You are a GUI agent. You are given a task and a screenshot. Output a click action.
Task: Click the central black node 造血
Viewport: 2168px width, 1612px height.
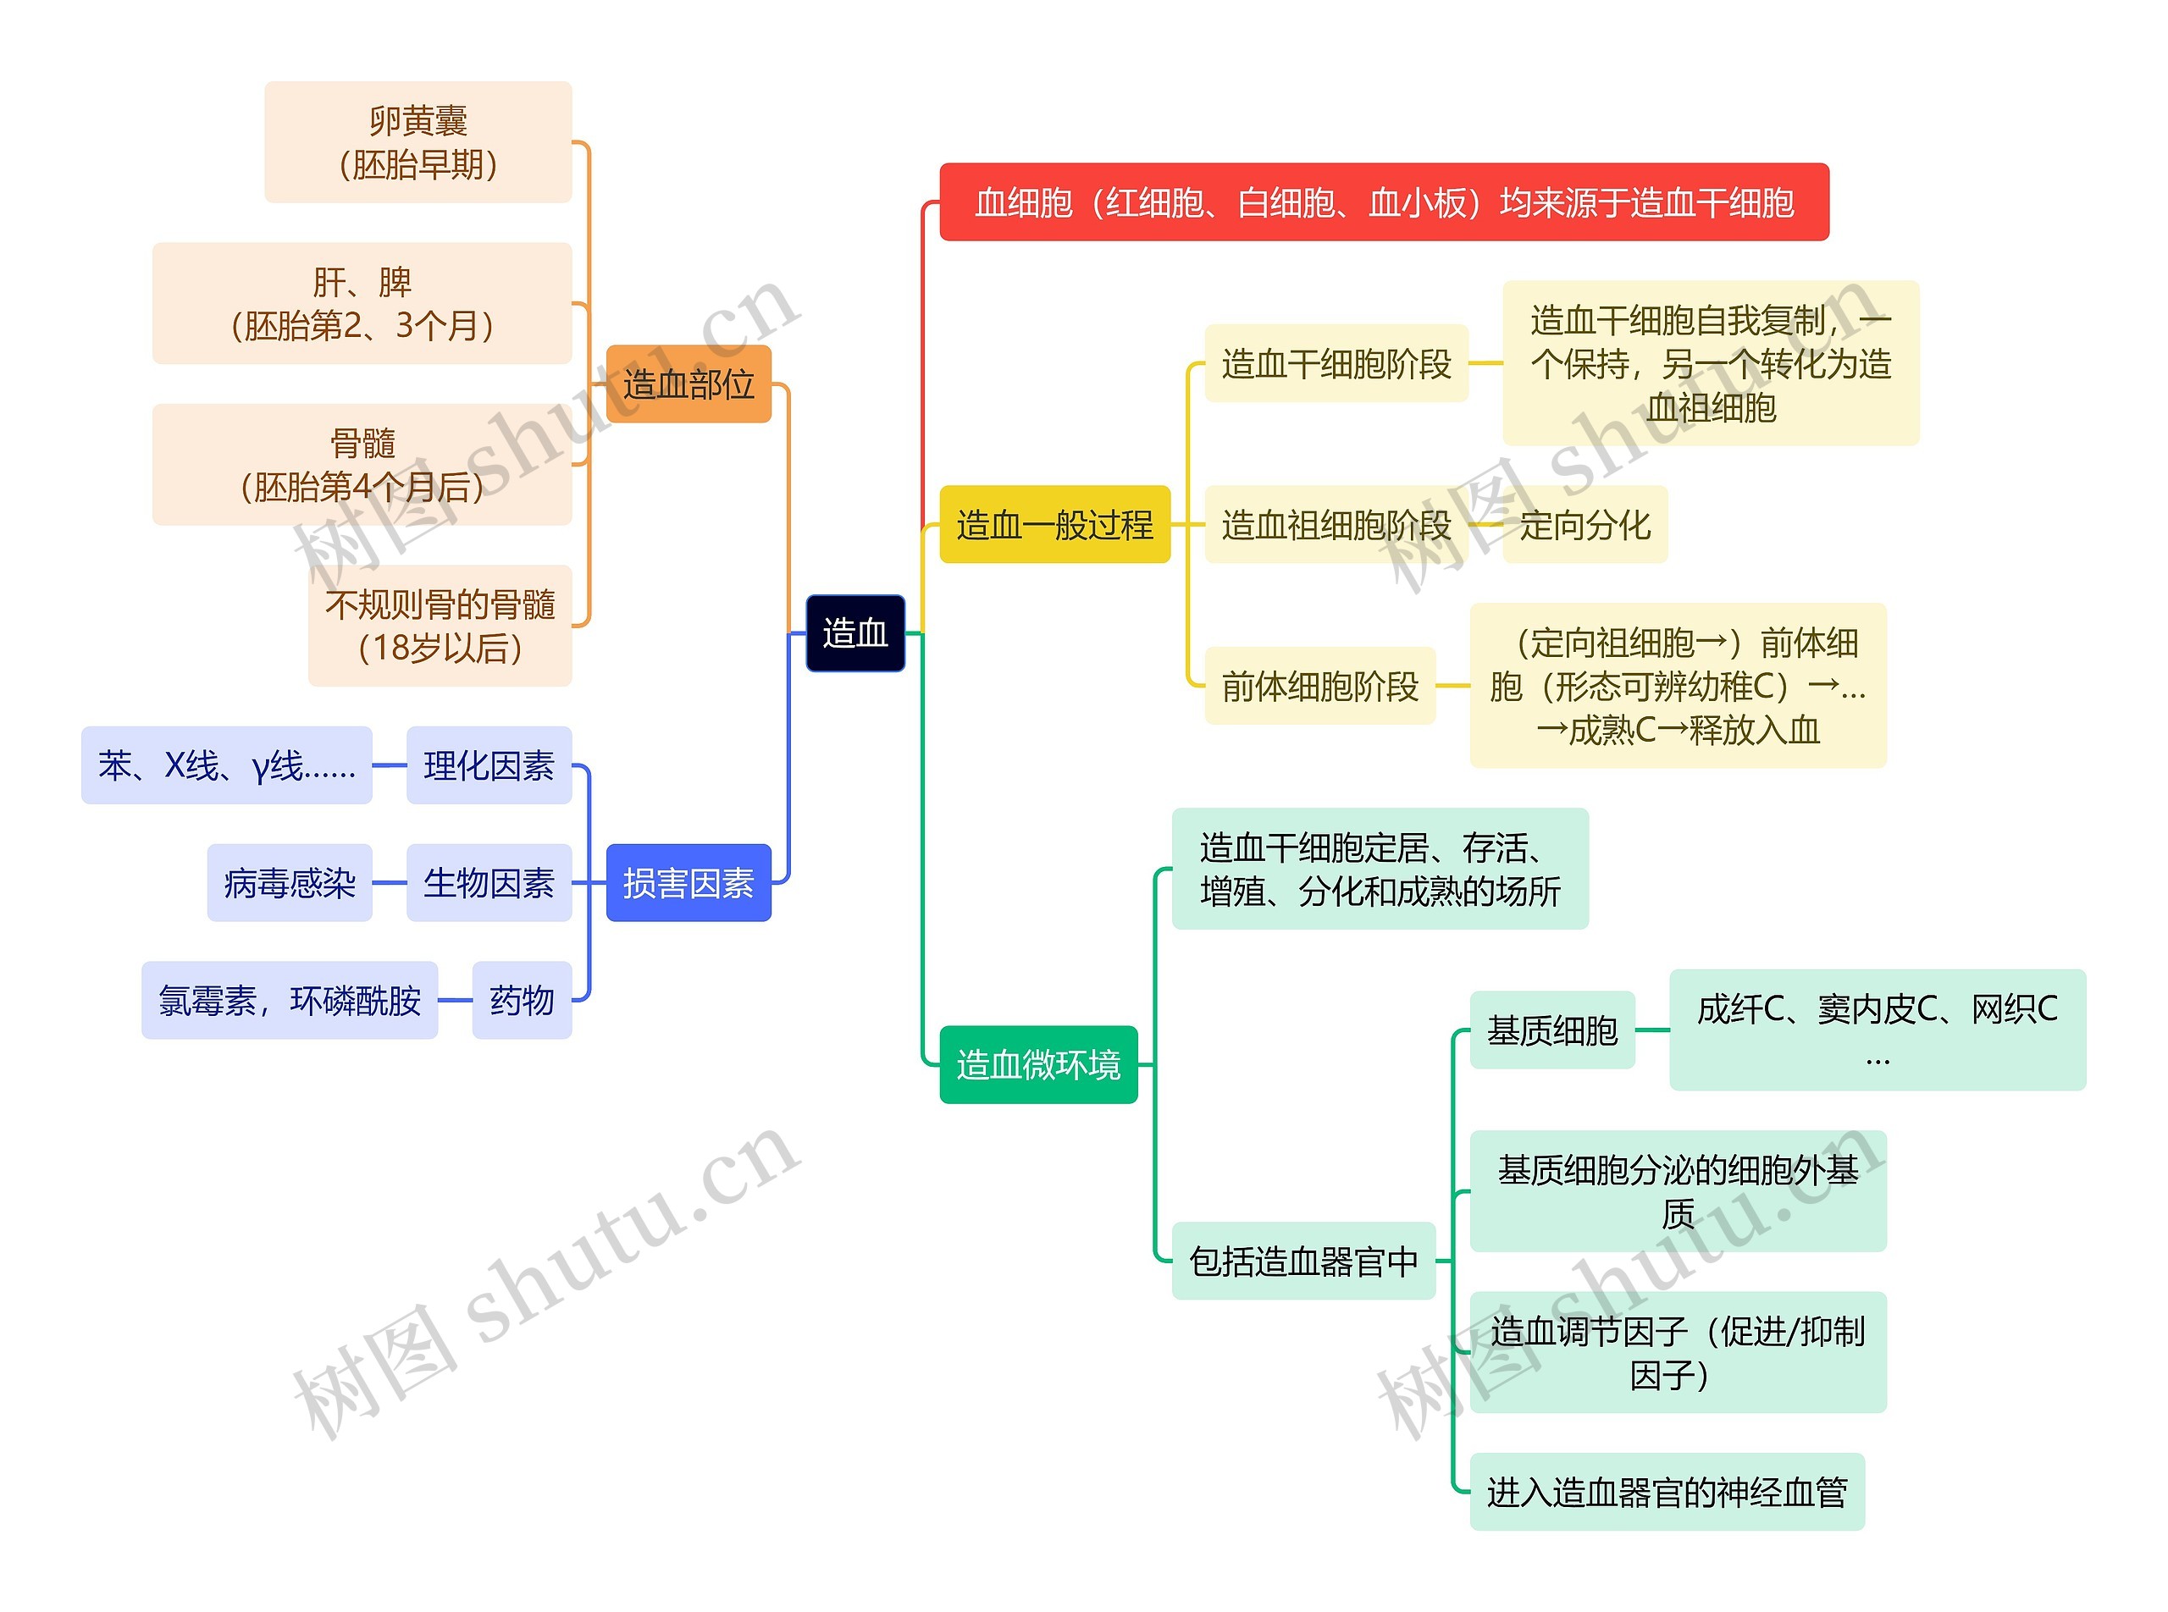(x=854, y=633)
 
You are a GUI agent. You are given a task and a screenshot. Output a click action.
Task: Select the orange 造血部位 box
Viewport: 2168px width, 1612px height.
(x=689, y=384)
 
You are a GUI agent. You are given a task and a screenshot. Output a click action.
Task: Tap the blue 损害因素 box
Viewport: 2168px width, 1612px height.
(x=689, y=883)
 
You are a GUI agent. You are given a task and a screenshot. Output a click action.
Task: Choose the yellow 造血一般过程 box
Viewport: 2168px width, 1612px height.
(x=1054, y=525)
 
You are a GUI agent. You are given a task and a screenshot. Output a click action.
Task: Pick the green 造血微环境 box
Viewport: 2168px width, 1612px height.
(x=1037, y=1064)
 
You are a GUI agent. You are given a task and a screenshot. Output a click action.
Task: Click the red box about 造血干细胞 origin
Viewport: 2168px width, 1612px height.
(x=1383, y=202)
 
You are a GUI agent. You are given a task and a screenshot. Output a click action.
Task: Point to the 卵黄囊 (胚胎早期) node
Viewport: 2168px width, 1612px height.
(x=418, y=142)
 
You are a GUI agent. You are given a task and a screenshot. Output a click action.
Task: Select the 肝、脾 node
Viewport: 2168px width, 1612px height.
(x=362, y=303)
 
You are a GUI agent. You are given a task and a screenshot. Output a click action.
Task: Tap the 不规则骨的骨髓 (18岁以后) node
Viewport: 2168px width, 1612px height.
(x=440, y=626)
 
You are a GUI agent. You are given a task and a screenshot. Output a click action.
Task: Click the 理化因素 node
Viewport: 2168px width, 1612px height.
(x=488, y=766)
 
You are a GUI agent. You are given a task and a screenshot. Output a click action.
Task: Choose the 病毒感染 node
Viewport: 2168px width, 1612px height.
(x=289, y=883)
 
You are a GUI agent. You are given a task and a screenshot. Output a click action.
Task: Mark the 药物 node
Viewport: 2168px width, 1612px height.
(x=522, y=1000)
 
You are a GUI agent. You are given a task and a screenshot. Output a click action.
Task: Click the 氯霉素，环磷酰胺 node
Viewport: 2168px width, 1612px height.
(x=289, y=1000)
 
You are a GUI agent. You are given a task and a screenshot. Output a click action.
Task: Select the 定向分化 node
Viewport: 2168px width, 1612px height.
(x=1585, y=525)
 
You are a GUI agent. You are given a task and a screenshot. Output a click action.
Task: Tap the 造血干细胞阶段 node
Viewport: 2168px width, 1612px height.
(x=1336, y=364)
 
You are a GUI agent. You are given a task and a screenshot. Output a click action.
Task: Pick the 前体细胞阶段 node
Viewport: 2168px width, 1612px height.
(x=1319, y=686)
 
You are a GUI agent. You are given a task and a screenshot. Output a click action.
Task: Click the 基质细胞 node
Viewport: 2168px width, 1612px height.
(x=1551, y=1030)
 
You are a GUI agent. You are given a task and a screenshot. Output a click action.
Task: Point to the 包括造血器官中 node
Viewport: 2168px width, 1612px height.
(x=1303, y=1261)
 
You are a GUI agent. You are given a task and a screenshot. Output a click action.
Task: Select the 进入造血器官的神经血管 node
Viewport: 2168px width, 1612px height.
(x=1667, y=1492)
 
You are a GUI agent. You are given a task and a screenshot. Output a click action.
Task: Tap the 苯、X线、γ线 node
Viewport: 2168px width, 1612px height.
(x=226, y=766)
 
